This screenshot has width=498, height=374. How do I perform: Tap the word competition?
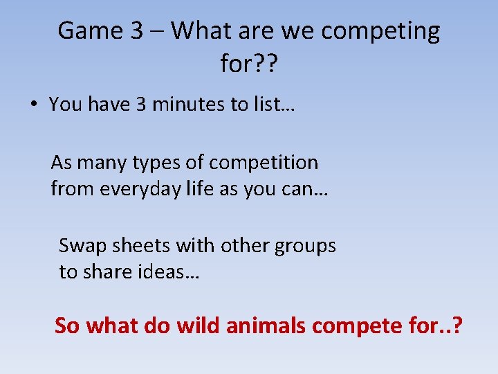pos(263,163)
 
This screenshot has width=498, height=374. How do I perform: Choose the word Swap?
pos(82,247)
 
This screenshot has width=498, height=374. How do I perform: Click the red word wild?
pos(199,325)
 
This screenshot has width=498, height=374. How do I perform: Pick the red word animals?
pos(266,325)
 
